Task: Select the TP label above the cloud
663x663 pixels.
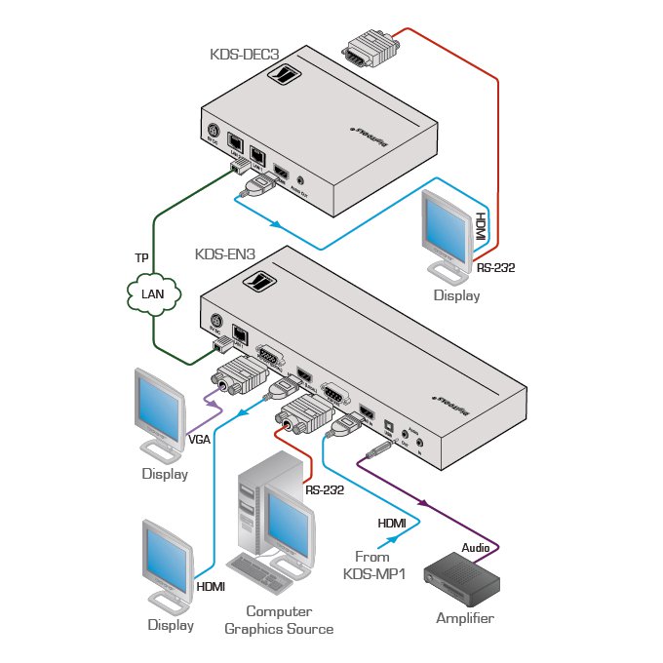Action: tap(142, 259)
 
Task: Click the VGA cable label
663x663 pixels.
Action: tap(199, 439)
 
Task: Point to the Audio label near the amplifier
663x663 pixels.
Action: tap(476, 548)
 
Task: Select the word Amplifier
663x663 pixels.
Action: tap(465, 618)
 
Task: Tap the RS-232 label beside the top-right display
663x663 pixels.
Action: tap(497, 265)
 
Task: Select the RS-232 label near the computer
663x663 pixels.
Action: tap(325, 490)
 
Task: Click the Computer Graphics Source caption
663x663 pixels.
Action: tap(278, 620)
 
